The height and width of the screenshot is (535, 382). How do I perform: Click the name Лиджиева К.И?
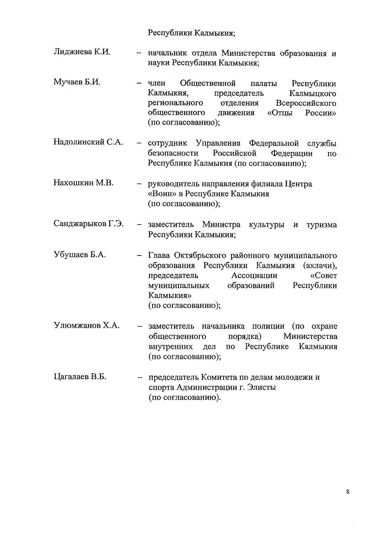coord(82,52)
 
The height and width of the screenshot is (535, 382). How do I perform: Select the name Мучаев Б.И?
coord(77,82)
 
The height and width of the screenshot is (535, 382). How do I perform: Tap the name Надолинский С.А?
coord(88,142)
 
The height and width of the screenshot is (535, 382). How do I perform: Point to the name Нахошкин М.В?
coord(83,183)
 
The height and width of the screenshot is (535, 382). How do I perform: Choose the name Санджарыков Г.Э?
coord(88,224)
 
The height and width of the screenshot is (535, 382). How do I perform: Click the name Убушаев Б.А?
coord(80,255)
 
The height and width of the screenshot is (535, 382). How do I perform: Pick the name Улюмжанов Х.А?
coord(86,325)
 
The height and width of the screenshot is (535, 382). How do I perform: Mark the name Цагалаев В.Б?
coord(80,377)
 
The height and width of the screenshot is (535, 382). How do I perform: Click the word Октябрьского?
coord(201,255)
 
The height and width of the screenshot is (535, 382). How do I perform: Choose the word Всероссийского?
coord(306,103)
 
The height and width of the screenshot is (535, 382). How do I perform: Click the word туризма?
coord(321,225)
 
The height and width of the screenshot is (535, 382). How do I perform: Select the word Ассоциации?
coord(254,275)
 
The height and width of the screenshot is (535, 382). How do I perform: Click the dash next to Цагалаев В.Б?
coord(139,378)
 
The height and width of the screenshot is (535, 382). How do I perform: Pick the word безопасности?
coord(173,153)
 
